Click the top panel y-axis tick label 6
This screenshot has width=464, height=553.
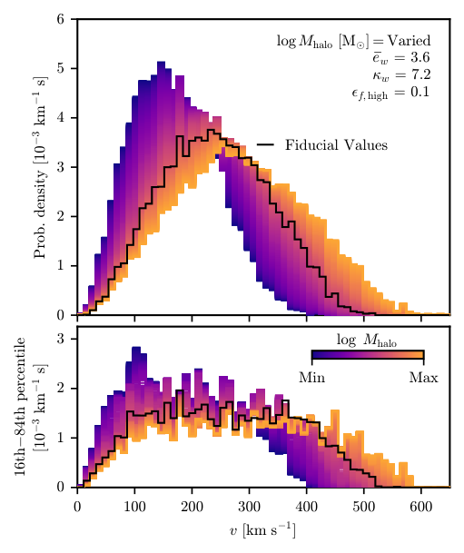[60, 19]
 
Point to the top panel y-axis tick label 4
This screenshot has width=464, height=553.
[60, 118]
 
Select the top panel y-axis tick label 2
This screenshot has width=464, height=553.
[60, 217]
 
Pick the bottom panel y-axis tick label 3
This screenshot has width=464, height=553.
[60, 339]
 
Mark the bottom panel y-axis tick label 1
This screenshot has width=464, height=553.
[60, 438]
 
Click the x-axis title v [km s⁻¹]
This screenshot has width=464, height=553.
[262, 528]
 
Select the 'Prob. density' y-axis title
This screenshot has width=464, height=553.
[40, 167]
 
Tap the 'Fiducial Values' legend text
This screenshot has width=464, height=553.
[336, 145]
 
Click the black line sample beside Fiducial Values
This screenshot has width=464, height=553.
[266, 145]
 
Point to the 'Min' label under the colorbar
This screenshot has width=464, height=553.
[311, 377]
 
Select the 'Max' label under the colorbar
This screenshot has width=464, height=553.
[423, 377]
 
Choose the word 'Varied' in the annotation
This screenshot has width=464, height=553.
[407, 41]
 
